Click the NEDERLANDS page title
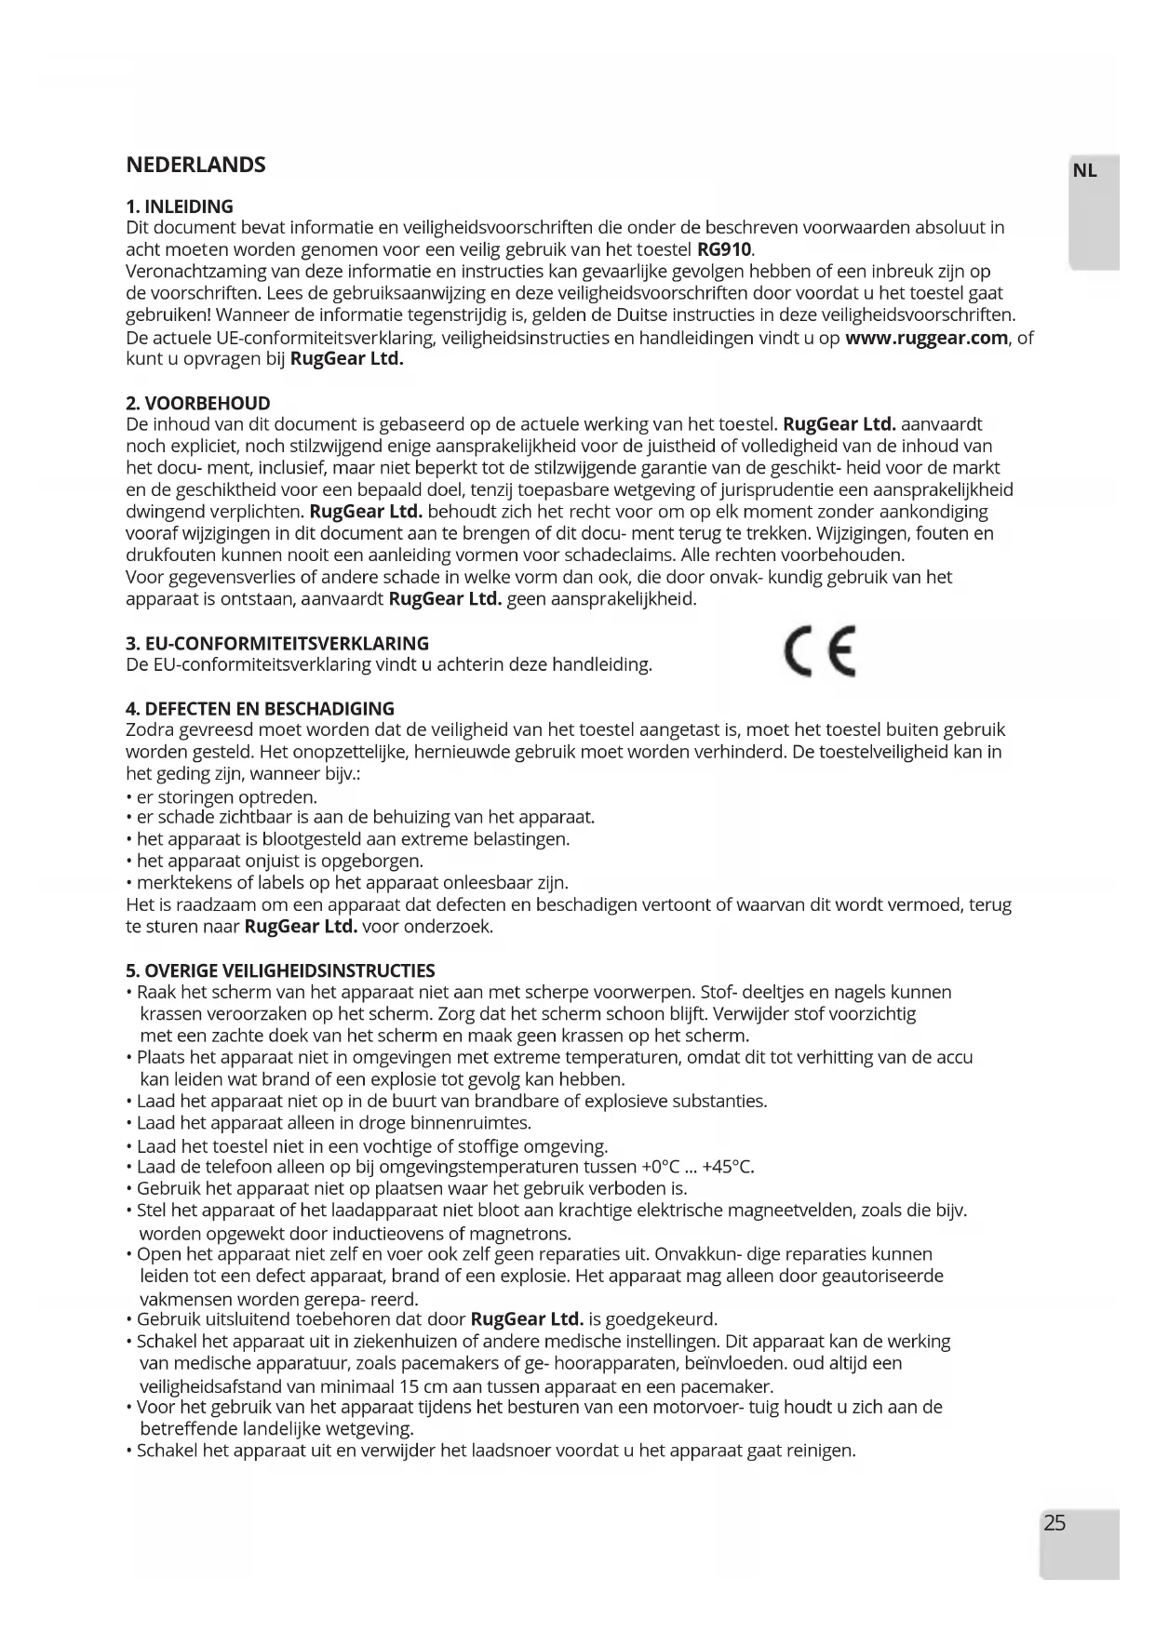195,165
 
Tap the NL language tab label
1085,171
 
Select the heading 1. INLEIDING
180,207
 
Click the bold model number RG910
725,249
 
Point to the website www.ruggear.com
926,338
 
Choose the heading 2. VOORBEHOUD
198,403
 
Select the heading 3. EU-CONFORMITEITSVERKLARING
277,643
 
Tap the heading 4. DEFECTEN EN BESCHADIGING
260,708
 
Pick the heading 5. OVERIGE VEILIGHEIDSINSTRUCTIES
280,970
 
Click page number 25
1055,1523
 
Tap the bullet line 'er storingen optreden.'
226,796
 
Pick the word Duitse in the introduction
626,315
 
